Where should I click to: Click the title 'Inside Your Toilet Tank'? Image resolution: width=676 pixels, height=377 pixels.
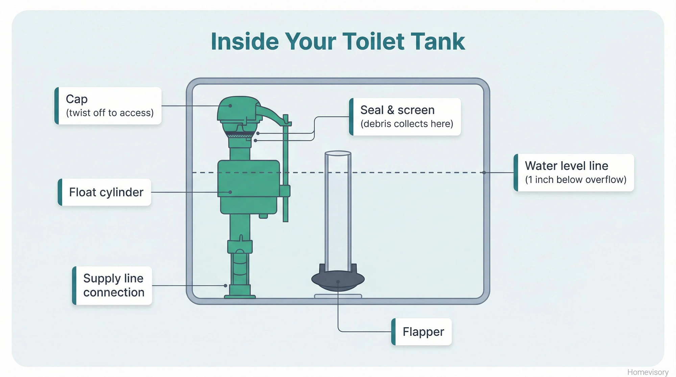click(x=338, y=42)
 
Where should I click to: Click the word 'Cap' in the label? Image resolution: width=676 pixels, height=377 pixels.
click(x=77, y=99)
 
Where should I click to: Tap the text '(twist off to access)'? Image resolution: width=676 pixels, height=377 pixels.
click(x=110, y=113)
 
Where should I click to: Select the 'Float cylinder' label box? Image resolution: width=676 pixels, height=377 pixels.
click(x=105, y=192)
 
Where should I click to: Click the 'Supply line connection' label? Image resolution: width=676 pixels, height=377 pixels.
click(x=113, y=285)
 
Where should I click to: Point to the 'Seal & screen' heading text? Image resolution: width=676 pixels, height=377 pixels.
click(x=397, y=110)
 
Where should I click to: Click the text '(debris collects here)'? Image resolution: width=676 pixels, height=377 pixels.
click(x=407, y=124)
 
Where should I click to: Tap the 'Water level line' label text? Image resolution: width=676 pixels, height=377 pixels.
click(x=566, y=166)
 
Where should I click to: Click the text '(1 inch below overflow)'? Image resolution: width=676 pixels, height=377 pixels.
click(x=576, y=180)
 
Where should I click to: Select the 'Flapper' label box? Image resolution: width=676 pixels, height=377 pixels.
click(x=422, y=332)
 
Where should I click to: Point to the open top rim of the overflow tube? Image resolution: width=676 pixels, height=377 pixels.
click(x=338, y=153)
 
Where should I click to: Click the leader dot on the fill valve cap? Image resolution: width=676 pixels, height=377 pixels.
click(x=230, y=106)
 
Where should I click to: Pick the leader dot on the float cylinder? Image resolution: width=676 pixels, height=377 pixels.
click(x=230, y=192)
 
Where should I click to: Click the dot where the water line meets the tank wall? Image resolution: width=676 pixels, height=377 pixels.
click(x=484, y=173)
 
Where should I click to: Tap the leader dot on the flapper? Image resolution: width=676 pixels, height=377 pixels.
click(x=338, y=282)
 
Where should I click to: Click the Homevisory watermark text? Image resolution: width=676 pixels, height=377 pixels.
click(x=648, y=372)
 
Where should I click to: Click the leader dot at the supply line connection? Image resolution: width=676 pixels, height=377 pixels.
click(x=225, y=285)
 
